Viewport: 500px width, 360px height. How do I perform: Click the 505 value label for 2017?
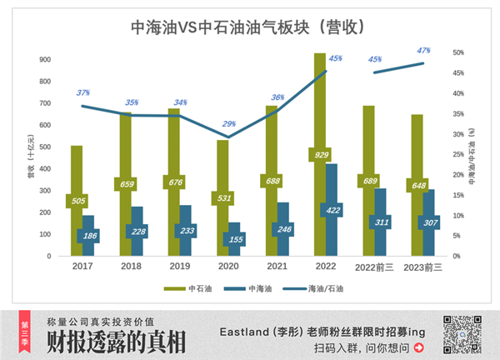77,201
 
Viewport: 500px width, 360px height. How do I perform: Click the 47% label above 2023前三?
422,51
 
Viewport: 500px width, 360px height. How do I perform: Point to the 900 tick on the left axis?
46,60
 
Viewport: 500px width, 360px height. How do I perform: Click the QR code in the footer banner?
461,333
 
